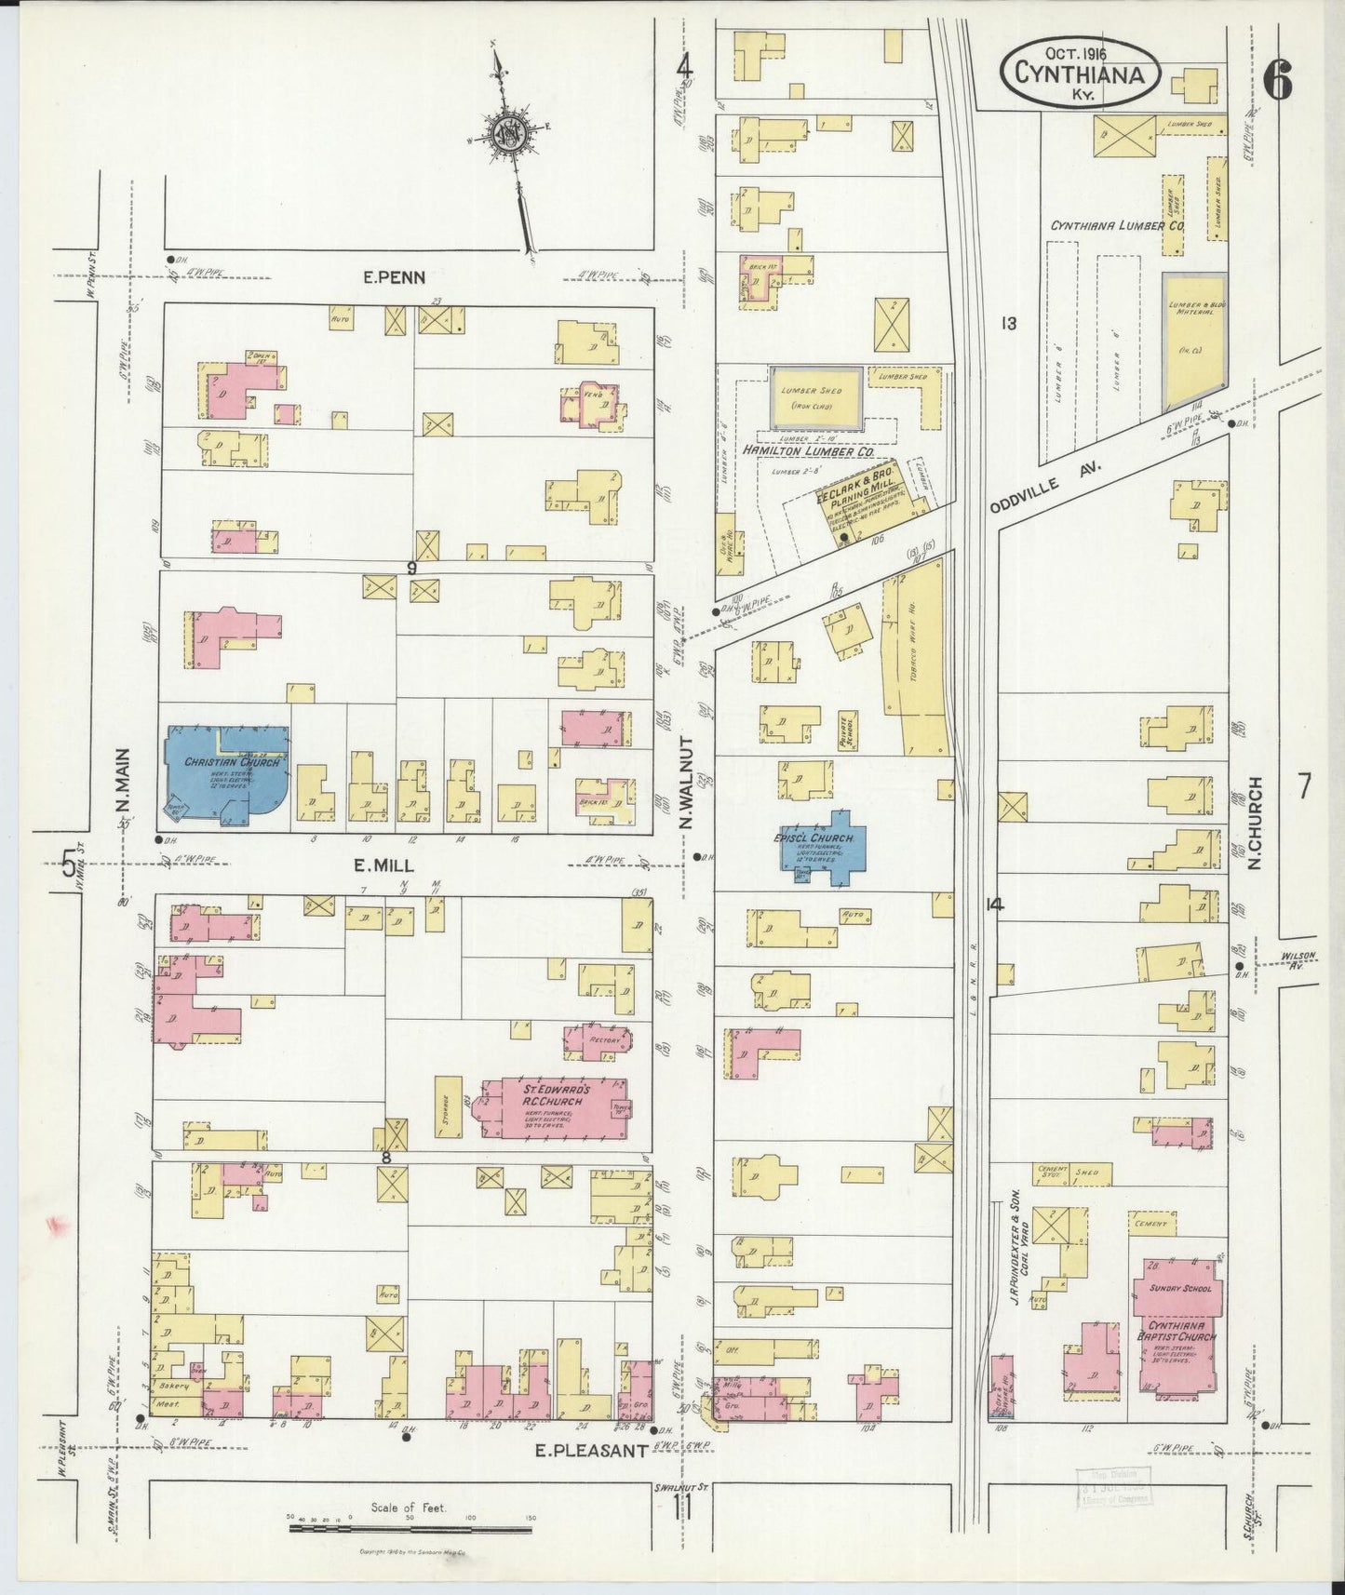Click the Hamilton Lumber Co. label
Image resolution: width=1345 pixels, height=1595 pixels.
click(806, 450)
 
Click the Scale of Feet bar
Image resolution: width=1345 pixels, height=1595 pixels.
click(410, 1528)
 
